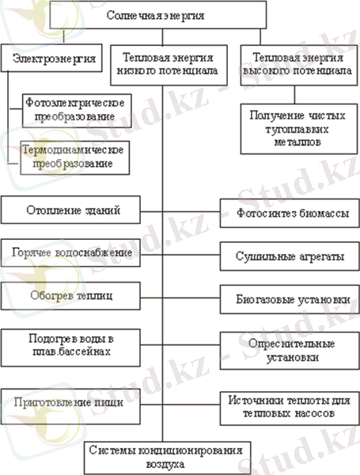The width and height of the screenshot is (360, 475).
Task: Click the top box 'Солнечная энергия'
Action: pos(157,15)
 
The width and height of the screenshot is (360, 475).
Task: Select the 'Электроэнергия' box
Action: pos(51,58)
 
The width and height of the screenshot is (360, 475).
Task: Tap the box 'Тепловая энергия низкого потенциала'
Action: pos(169,65)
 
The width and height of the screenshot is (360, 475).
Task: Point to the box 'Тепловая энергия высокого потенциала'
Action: pos(299,65)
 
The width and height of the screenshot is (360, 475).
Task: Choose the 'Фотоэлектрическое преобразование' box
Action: pos(77,111)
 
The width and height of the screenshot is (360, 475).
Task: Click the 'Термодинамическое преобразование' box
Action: pos(75,158)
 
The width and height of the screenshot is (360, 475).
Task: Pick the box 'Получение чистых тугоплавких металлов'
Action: pos(299,129)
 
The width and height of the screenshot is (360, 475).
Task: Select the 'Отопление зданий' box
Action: pos(70,210)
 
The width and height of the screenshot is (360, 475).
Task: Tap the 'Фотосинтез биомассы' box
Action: pos(290,213)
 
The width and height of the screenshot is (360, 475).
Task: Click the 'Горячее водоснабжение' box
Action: pos(70,253)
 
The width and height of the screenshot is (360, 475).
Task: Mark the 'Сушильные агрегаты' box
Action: pos(290,256)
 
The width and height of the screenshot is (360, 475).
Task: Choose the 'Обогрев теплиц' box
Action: pos(70,296)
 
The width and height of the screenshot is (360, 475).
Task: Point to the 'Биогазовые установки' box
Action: pos(290,299)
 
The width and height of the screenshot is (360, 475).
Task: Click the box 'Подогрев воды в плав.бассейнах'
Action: pos(70,348)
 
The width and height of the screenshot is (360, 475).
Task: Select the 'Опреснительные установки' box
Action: pos(290,351)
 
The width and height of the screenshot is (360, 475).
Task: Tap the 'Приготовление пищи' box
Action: pos(70,407)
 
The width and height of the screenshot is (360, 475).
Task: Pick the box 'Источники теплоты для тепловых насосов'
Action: pos(290,408)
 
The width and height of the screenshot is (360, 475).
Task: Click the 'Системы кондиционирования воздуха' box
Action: pos(168,458)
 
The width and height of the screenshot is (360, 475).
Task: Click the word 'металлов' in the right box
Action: pos(297,142)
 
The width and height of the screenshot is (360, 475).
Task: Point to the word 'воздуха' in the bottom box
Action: pos(165,464)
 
